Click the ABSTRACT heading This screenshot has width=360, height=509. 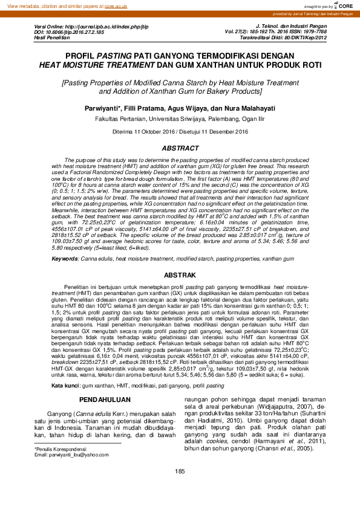pos(180,148)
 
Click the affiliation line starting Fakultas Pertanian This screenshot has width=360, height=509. pos(180,119)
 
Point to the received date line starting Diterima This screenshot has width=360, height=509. pos(180,132)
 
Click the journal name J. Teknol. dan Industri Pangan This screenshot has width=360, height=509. pos(291,27)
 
